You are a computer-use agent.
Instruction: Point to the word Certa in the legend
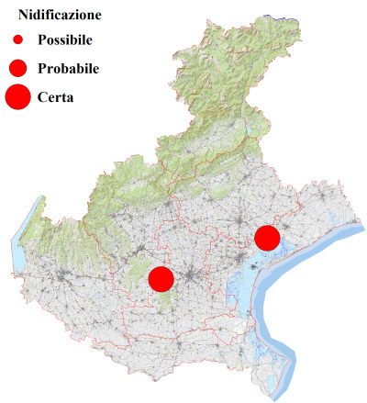[x=57, y=96]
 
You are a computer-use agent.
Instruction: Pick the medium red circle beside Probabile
[x=17, y=68]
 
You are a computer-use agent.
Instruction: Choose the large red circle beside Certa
[x=17, y=95]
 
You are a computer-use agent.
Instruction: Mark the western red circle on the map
[x=161, y=278]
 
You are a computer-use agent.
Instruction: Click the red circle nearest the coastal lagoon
[x=267, y=238]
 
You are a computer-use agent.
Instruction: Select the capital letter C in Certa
[x=43, y=96]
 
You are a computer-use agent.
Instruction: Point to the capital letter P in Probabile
[x=43, y=69]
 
